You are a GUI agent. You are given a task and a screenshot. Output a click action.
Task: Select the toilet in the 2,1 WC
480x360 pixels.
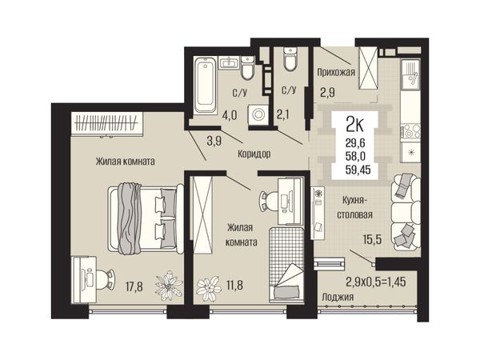(290, 59)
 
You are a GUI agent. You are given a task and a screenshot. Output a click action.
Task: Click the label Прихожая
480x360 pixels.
(336, 72)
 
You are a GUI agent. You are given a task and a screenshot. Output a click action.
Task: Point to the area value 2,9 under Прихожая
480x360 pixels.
(327, 93)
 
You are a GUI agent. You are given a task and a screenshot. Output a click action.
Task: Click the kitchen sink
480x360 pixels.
(410, 74)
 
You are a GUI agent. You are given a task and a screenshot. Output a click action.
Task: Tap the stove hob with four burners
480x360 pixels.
(410, 131)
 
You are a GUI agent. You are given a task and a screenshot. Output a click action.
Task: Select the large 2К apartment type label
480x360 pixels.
(354, 124)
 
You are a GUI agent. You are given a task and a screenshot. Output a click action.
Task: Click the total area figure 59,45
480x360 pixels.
(358, 170)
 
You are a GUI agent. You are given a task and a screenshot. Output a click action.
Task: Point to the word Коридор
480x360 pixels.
(254, 154)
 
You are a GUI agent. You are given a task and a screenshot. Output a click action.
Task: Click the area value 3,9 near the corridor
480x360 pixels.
(214, 141)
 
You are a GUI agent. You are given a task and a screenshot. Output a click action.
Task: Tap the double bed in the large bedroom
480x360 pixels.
(146, 218)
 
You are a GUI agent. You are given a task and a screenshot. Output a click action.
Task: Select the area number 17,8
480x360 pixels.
(134, 287)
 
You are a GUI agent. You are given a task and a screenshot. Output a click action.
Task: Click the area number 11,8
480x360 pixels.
(234, 286)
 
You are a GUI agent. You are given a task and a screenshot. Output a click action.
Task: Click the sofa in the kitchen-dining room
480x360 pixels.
(406, 211)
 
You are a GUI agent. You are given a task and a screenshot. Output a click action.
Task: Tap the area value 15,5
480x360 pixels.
(372, 238)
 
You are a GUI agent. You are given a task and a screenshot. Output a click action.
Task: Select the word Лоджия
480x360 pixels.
(338, 297)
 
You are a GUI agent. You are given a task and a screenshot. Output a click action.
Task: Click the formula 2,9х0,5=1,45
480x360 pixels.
(376, 282)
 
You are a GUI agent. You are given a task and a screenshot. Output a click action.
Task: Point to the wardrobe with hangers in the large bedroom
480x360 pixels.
(107, 123)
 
